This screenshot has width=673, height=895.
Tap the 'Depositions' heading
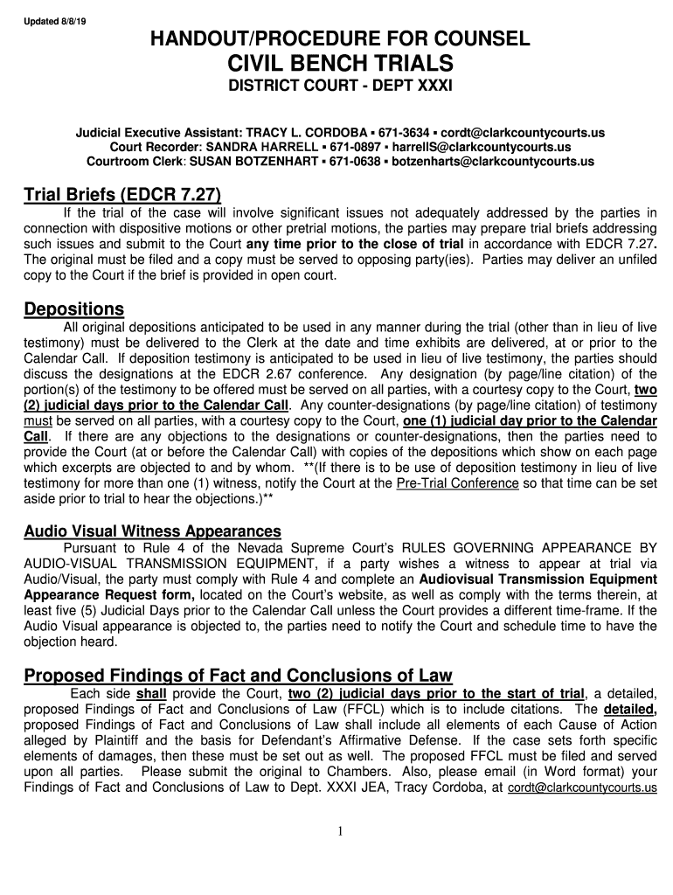(x=73, y=309)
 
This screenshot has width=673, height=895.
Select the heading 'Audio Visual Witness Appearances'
(x=152, y=531)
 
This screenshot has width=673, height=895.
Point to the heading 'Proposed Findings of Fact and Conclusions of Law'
(x=238, y=676)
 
